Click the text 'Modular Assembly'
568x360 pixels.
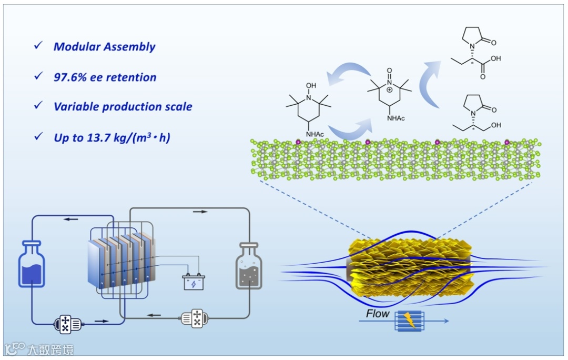(x=104, y=46)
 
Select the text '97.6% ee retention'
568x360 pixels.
(x=105, y=77)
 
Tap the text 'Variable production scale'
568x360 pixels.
(x=123, y=107)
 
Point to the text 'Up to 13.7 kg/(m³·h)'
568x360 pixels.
(x=111, y=138)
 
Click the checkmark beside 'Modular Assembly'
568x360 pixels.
(x=38, y=46)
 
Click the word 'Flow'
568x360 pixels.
(x=378, y=314)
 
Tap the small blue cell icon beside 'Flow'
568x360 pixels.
(x=407, y=320)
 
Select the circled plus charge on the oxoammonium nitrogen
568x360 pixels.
(x=389, y=90)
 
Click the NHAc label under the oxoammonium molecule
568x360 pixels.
(x=395, y=118)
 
